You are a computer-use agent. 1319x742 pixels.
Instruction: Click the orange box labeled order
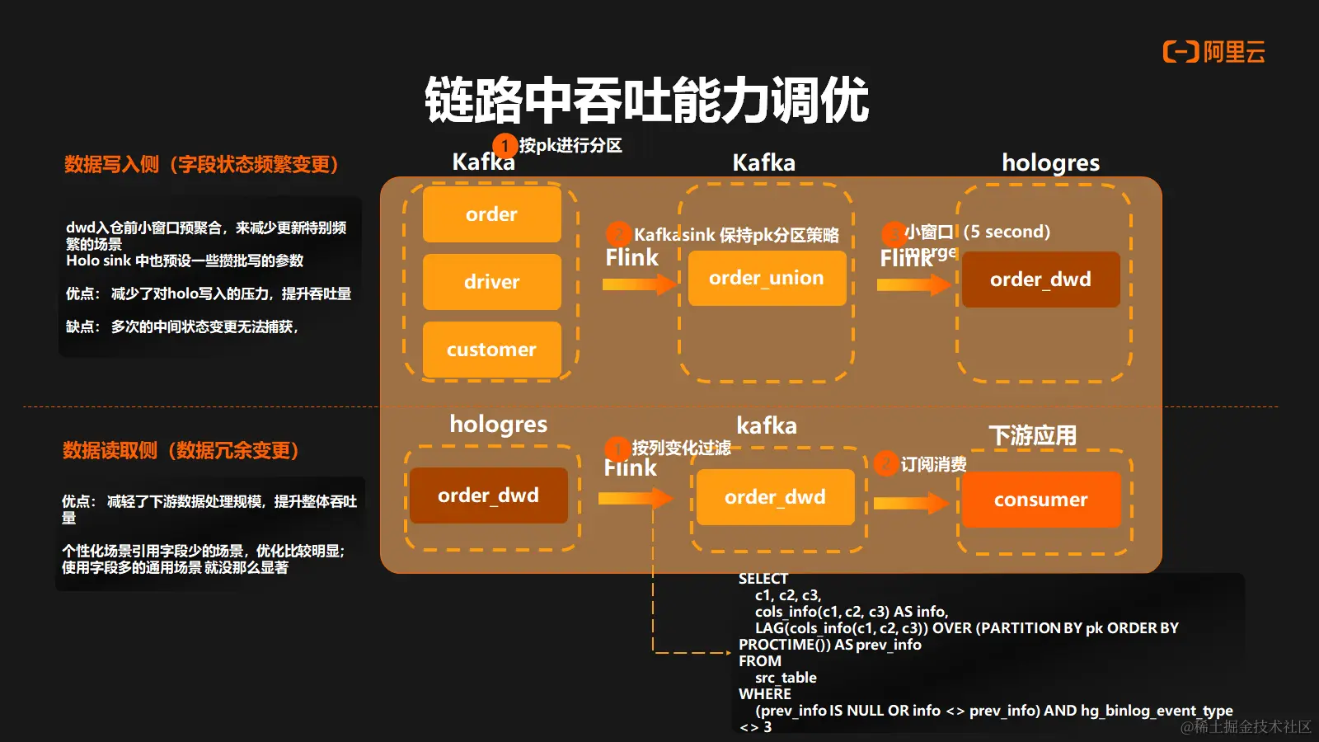[491, 214]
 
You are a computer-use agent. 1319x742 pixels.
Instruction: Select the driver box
[491, 282]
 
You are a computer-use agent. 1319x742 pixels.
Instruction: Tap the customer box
[491, 350]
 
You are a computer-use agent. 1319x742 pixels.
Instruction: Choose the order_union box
[767, 278]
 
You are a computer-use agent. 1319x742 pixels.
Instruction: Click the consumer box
[1040, 500]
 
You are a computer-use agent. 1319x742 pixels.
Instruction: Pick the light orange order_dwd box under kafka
[775, 497]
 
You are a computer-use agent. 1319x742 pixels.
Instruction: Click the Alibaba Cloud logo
[1213, 52]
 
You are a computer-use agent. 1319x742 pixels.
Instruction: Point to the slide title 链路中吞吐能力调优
[647, 101]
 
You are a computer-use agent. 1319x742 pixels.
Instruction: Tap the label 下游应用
[1032, 435]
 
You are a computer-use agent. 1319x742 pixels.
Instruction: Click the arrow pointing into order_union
[639, 284]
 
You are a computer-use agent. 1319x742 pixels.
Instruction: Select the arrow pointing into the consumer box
[911, 502]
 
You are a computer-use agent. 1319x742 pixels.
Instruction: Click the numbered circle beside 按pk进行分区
[505, 146]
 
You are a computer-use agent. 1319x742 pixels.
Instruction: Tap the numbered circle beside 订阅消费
[885, 464]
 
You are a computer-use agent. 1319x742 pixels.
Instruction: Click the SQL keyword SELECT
[763, 579]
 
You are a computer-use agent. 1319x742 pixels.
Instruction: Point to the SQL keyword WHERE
[765, 694]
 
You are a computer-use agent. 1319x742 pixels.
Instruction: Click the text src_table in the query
[786, 678]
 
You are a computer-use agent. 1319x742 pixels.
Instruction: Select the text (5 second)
[1007, 232]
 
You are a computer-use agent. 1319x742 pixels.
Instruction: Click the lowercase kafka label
[767, 425]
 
